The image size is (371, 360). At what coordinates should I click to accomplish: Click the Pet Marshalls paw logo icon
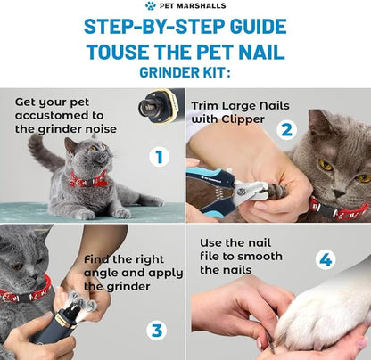click(x=150, y=6)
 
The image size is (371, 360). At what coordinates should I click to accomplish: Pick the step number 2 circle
click(x=286, y=130)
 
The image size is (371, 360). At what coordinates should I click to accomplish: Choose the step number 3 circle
click(x=157, y=330)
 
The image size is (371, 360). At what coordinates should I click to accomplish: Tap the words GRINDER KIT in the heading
click(x=185, y=72)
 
